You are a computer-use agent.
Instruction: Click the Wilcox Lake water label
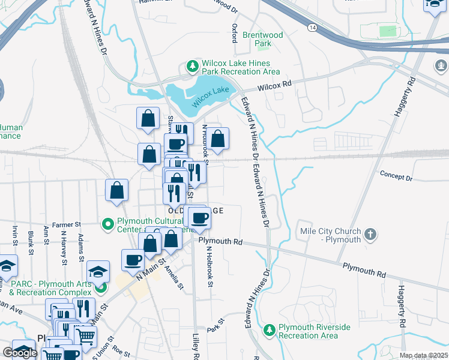click(211, 97)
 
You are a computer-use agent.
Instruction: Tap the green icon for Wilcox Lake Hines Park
click(193, 66)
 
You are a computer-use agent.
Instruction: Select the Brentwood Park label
click(262, 40)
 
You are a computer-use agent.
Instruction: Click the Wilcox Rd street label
click(274, 87)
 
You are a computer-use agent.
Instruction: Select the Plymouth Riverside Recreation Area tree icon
click(270, 330)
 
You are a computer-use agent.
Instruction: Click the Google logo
click(20, 353)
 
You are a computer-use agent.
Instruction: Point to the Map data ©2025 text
click(423, 356)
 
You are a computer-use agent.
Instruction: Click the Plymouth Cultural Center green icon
click(108, 224)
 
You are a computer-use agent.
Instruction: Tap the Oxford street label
click(235, 33)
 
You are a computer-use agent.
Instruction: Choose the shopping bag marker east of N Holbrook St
click(219, 138)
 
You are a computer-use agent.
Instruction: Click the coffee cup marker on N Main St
click(133, 260)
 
